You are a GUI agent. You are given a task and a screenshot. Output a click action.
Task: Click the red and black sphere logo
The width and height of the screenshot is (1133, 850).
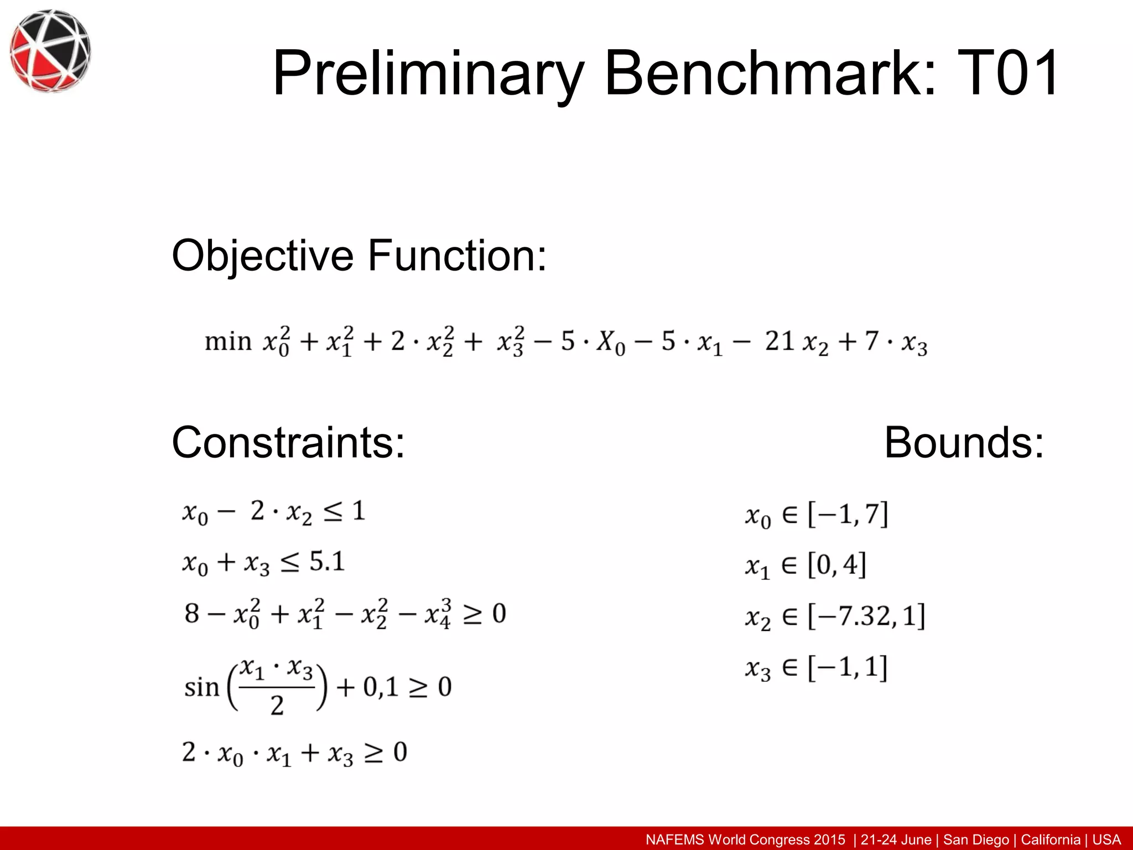50,50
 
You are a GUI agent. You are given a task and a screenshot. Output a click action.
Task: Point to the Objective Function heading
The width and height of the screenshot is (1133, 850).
359,256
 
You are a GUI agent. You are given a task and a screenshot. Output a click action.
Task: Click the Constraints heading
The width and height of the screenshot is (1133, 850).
288,442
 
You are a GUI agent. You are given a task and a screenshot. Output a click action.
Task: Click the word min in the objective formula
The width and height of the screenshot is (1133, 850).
228,341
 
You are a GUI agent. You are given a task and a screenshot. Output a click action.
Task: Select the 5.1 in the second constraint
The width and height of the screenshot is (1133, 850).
327,562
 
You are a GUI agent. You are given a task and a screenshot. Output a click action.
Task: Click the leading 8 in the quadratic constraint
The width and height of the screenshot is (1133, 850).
191,613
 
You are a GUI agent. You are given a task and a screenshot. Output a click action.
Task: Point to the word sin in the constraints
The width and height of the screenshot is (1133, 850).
201,688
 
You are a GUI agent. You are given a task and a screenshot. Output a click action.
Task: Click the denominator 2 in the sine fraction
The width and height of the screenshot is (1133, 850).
277,706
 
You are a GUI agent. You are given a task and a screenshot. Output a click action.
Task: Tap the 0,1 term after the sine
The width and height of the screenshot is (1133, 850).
381,687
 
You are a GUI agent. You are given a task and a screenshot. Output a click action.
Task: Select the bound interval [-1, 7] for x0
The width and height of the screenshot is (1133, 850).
848,514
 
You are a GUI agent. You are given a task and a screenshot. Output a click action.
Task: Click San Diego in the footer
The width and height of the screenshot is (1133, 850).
976,839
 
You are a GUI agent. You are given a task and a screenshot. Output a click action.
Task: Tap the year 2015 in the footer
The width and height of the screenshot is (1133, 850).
829,839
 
